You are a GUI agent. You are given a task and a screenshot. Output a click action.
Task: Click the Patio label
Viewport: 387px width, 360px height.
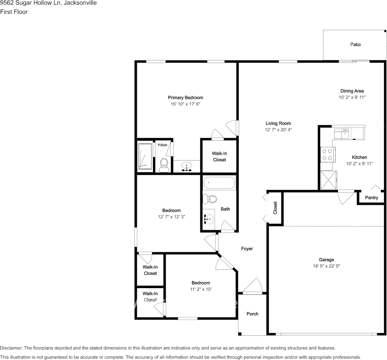coord(355,45)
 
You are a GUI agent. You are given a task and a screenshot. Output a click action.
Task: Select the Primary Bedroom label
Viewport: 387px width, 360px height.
coord(186,97)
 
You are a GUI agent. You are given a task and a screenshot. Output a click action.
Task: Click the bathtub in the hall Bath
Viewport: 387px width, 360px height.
coord(219,183)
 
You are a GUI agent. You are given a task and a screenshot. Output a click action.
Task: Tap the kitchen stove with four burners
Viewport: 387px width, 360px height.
coord(327,155)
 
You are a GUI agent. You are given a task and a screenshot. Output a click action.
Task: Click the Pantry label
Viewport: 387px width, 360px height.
coord(371,198)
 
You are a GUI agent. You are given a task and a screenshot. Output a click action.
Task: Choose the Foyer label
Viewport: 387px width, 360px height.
coord(247,248)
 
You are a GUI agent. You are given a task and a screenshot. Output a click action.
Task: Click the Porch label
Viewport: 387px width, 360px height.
coord(252,314)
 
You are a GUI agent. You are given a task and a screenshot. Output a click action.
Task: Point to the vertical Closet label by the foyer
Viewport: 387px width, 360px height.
coord(275,208)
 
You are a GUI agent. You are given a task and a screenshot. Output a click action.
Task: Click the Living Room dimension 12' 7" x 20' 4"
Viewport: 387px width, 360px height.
coord(278,130)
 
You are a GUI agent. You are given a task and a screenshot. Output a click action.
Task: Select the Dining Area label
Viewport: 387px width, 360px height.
coord(352,91)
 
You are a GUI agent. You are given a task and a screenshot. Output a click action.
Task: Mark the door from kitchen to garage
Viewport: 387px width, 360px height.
coord(346,197)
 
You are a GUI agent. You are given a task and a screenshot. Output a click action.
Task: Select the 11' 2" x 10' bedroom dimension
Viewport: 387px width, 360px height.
coord(200,289)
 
